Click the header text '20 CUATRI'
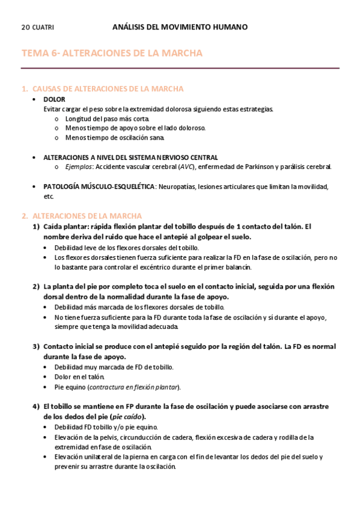(37, 27)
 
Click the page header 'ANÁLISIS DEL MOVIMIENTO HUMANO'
(180, 27)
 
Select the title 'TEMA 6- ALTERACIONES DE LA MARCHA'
(112, 54)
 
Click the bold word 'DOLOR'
(54, 99)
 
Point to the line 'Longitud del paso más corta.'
(103, 118)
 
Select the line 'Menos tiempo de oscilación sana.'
(106, 138)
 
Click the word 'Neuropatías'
(176, 186)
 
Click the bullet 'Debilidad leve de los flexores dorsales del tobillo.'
(127, 247)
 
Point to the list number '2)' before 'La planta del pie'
(37, 286)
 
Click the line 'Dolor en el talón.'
(79, 376)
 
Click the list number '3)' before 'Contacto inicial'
(37, 346)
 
